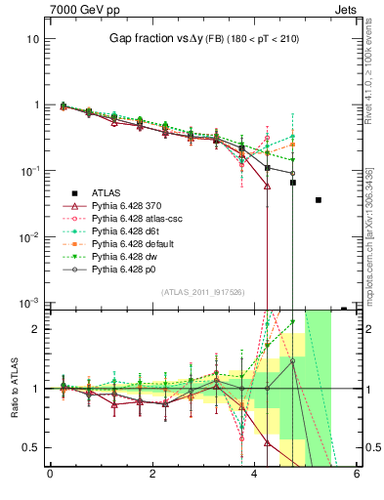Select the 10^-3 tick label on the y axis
(29, 304)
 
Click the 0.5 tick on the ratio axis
(31, 447)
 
